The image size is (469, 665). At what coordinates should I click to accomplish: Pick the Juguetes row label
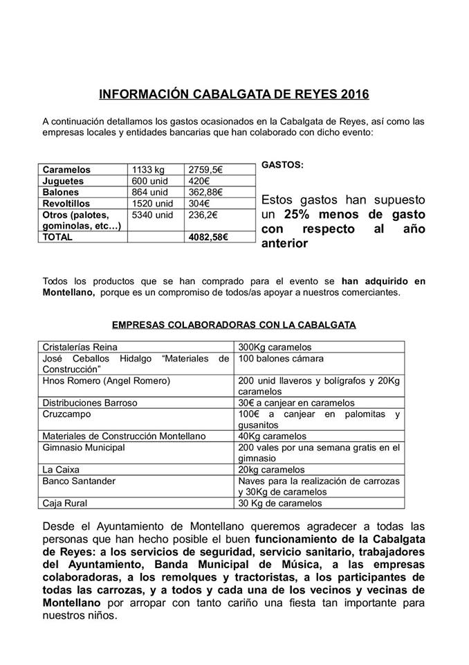pos(64,181)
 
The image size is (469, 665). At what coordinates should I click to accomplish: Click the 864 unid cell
pos(147,192)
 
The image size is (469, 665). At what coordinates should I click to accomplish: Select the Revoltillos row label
pos(67,203)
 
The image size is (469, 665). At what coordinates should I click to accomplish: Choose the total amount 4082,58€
pos(208,236)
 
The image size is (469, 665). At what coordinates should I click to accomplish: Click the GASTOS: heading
pos(282,166)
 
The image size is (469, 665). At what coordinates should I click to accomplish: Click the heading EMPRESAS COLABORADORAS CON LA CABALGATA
pos(234,324)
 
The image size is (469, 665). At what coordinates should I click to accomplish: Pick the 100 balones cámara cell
pos(280,359)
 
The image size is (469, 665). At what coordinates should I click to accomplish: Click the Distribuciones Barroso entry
pos(90,402)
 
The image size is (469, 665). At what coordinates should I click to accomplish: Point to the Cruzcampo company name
pos(68,414)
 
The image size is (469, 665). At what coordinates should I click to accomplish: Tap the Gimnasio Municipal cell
pos(84,447)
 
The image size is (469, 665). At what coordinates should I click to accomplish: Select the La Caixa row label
pos(60,469)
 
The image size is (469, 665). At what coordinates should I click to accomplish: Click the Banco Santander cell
pos(79,480)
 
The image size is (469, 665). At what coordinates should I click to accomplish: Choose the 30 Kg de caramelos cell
pos(280,503)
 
